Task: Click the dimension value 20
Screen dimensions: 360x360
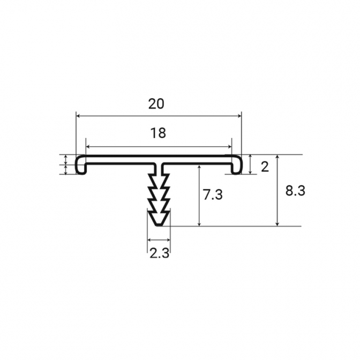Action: click(x=156, y=104)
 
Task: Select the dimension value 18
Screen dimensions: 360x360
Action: click(x=157, y=133)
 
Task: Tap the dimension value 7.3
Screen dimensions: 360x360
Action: click(x=213, y=195)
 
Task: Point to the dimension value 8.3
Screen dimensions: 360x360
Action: click(x=295, y=191)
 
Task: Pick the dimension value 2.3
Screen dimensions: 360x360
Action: click(x=159, y=253)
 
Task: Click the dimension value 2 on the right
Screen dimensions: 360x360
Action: click(x=265, y=167)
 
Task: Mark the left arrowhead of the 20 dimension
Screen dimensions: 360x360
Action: click(x=78, y=116)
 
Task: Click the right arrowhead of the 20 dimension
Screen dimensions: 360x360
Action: click(x=239, y=116)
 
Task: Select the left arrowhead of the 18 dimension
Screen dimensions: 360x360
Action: click(x=88, y=146)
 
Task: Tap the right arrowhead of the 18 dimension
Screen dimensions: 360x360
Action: click(x=230, y=146)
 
